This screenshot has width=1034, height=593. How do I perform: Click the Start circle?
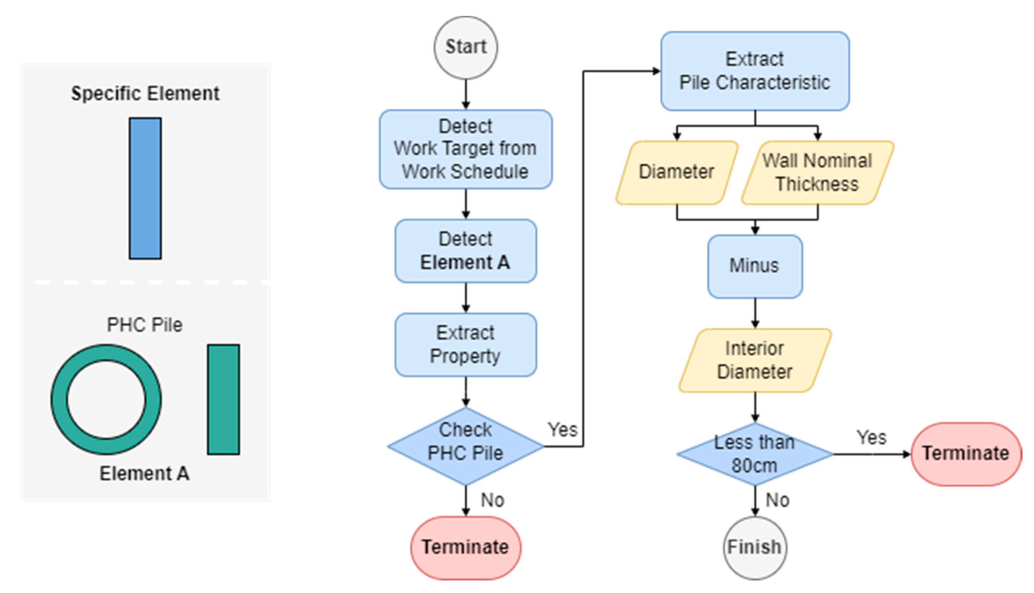(465, 47)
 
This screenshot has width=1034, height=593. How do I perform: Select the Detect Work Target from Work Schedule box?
(465, 149)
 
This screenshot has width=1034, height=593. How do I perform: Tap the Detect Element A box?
(465, 251)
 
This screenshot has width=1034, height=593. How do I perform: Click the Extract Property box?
(465, 344)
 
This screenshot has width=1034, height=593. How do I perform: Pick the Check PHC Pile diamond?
(465, 446)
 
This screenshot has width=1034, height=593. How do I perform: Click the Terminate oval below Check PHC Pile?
(465, 548)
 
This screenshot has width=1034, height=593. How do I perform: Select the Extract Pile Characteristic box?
(755, 71)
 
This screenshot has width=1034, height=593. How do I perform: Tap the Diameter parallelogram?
(677, 173)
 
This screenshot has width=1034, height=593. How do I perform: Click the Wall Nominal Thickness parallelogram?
(818, 173)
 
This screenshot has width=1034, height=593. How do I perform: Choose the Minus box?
(755, 266)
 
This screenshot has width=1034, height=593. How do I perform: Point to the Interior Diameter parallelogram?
(755, 360)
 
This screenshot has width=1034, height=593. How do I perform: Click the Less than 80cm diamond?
(755, 454)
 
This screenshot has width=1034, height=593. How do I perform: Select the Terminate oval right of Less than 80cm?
(966, 454)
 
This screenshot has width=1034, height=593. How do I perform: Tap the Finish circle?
(755, 548)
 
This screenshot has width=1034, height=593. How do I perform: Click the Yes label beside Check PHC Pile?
(562, 430)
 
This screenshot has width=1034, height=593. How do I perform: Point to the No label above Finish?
(777, 500)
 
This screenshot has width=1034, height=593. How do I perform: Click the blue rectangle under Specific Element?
(146, 188)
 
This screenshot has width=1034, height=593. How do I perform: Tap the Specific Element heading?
(146, 93)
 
